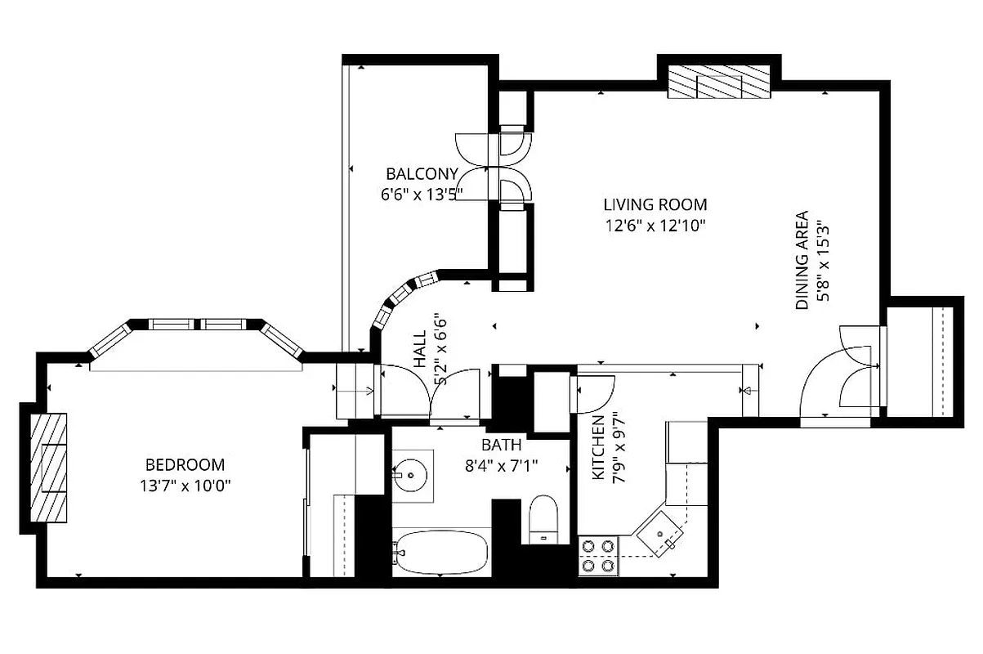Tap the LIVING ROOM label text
click(x=655, y=205)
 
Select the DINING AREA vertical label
click(x=802, y=261)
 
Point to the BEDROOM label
click(x=185, y=465)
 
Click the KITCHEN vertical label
click(x=598, y=447)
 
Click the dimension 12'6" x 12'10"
click(x=655, y=225)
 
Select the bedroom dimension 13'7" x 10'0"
click(x=185, y=485)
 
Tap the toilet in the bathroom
click(x=543, y=518)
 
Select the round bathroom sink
click(x=412, y=473)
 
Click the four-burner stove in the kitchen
click(x=597, y=555)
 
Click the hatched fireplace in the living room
click(x=719, y=82)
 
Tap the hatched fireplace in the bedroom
click(x=49, y=467)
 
